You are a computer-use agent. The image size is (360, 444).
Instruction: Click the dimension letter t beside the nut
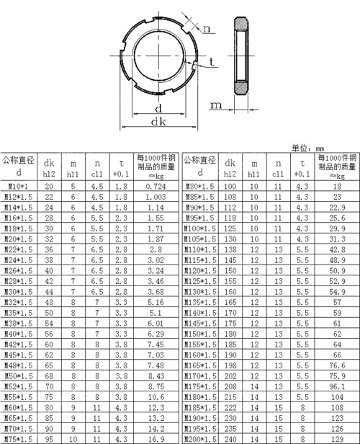pyautogui.click(x=212, y=63)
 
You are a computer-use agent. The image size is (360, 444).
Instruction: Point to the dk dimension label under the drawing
pyautogui.click(x=158, y=123)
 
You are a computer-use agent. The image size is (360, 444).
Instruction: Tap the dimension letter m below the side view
pyautogui.click(x=215, y=106)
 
